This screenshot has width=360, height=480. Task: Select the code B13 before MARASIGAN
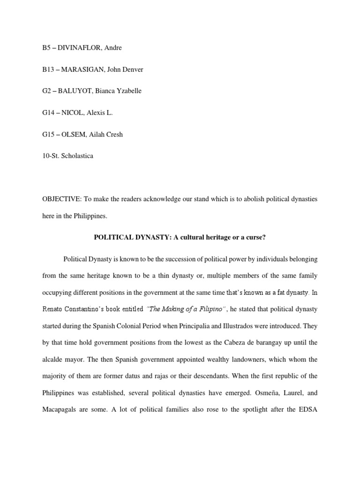[x=48, y=69]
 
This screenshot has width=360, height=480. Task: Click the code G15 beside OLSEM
[x=48, y=134]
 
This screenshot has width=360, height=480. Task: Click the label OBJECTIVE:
[x=60, y=199]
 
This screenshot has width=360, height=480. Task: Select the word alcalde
[x=53, y=360]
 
